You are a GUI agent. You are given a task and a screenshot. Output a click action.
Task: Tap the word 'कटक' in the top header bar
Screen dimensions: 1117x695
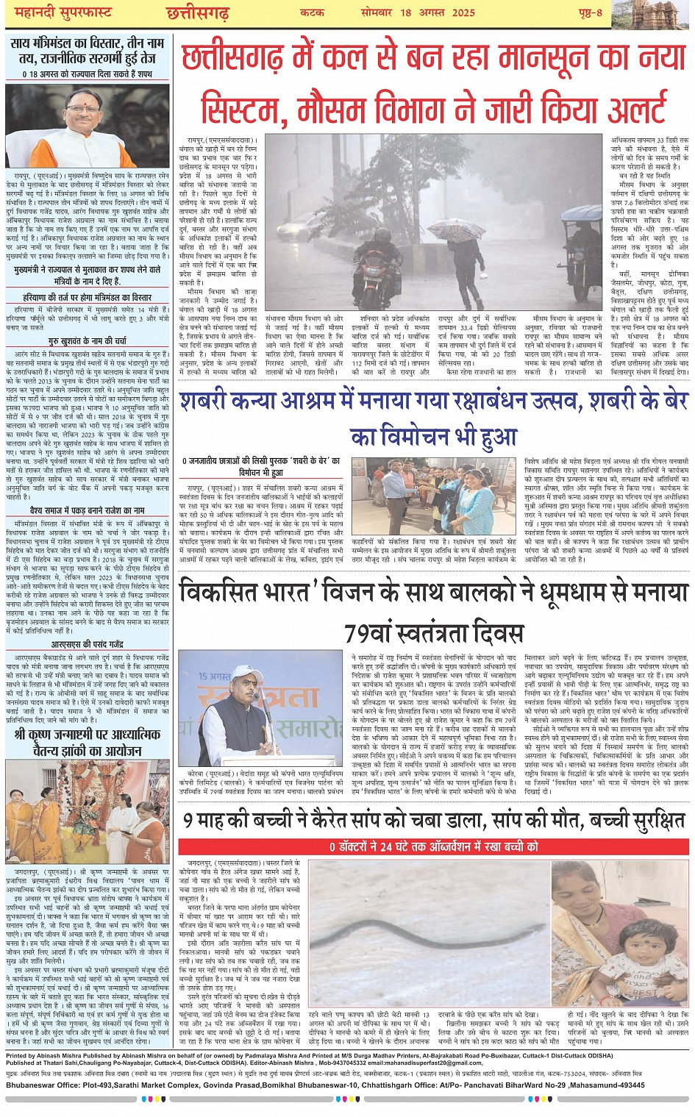[312, 13]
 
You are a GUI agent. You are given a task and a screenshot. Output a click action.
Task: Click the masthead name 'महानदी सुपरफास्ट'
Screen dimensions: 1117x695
[58, 13]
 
